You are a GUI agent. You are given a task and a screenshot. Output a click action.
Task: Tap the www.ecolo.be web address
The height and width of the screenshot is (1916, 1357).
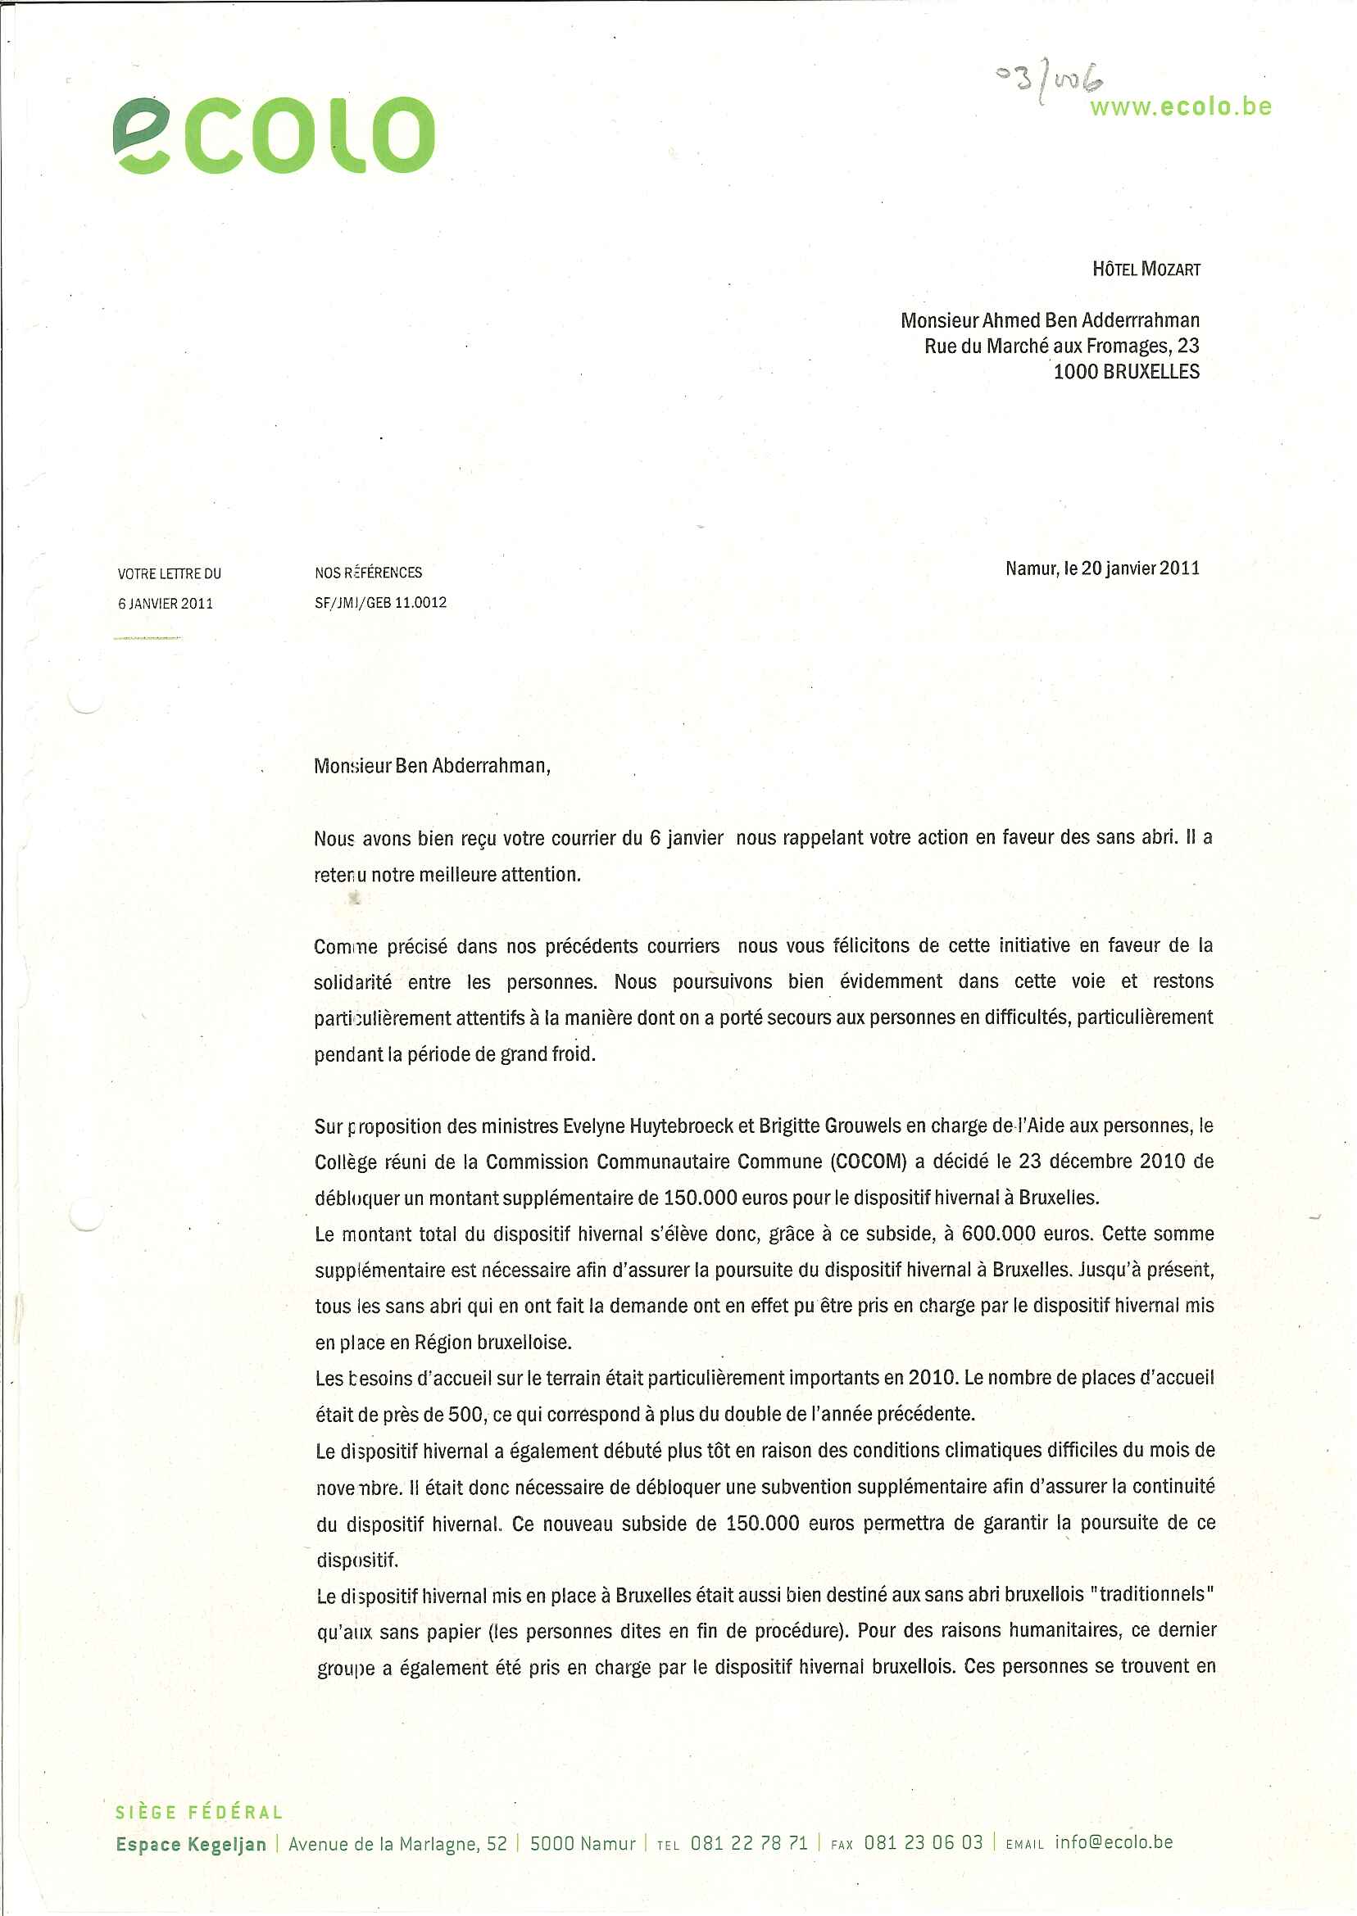pyautogui.click(x=1180, y=108)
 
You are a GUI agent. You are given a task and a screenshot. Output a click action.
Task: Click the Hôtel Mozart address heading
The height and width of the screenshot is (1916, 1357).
pyautogui.click(x=1146, y=269)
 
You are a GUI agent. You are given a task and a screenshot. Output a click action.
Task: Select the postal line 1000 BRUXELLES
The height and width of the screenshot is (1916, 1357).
pyautogui.click(x=1126, y=372)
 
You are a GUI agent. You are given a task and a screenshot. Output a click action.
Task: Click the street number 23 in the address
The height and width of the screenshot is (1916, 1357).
pyautogui.click(x=1187, y=346)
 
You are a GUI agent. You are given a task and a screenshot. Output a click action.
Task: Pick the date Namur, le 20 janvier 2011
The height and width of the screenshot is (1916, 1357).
pyautogui.click(x=1102, y=568)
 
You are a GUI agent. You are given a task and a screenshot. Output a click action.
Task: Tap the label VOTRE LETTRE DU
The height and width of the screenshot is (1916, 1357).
pyautogui.click(x=170, y=573)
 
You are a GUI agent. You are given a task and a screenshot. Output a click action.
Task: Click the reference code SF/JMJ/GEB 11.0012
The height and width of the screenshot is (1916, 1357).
pyautogui.click(x=380, y=602)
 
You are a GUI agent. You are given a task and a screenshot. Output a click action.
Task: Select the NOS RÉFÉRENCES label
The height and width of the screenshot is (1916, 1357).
pyautogui.click(x=369, y=573)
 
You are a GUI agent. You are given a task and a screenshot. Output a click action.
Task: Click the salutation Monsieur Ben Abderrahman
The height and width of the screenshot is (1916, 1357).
pyautogui.click(x=432, y=766)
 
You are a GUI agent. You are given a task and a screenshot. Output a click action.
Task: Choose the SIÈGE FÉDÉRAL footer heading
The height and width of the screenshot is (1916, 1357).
pyautogui.click(x=199, y=1813)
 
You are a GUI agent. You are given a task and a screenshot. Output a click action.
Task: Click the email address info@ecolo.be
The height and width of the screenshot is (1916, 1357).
pyautogui.click(x=1113, y=1842)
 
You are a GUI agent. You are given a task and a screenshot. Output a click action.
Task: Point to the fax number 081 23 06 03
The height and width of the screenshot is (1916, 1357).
pyautogui.click(x=923, y=1843)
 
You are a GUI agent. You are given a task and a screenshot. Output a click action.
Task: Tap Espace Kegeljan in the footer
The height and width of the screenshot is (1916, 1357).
pyautogui.click(x=192, y=1844)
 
